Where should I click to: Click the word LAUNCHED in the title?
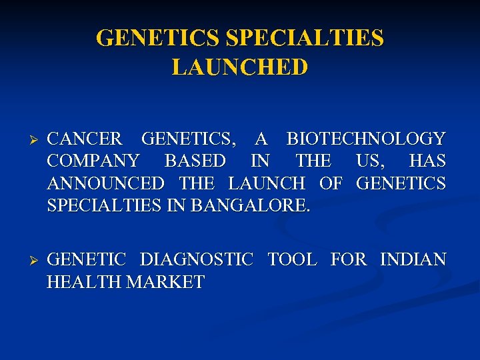click(x=240, y=67)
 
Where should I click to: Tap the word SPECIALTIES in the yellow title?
click(x=305, y=37)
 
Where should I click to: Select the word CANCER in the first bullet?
click(x=85, y=139)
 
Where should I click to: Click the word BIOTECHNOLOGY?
click(x=366, y=139)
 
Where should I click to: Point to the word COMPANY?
click(x=93, y=161)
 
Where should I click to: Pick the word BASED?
click(x=195, y=161)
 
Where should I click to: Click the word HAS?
click(x=427, y=161)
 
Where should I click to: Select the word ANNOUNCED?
click(x=105, y=183)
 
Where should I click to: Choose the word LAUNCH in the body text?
click(x=267, y=183)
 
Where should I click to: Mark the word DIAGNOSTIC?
click(x=197, y=259)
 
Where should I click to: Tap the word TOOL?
click(x=292, y=259)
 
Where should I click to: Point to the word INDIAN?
click(x=413, y=259)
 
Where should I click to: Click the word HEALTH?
click(x=84, y=281)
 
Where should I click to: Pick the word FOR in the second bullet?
click(x=349, y=259)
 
